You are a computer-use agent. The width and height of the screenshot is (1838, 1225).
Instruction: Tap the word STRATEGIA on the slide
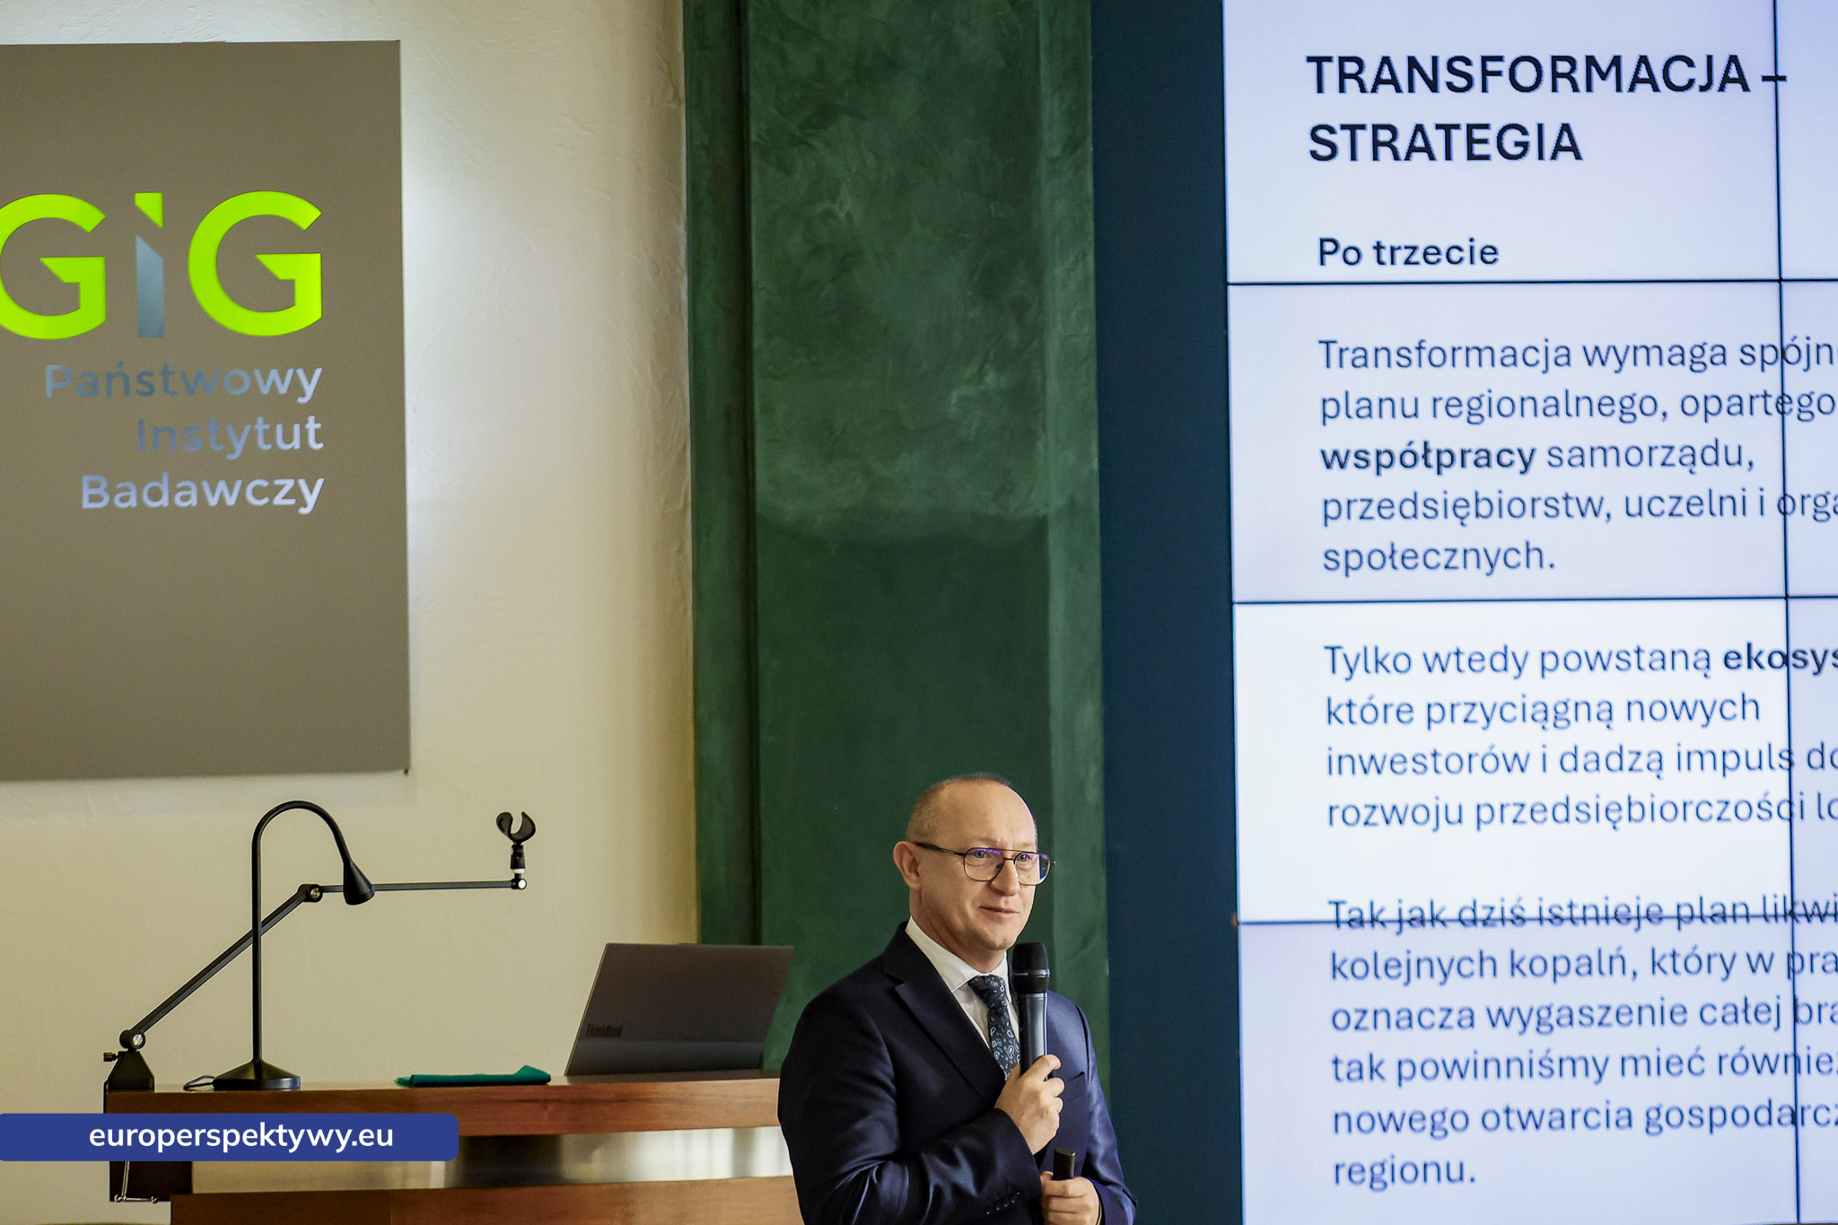coord(1444,144)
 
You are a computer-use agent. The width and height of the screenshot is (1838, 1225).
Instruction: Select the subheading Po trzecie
coord(1407,252)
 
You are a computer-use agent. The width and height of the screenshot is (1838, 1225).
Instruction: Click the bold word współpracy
coord(1427,457)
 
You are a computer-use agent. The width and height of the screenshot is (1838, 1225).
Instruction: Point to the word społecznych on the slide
coord(1438,558)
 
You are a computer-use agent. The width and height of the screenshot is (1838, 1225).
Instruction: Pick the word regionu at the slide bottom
coord(1403,1171)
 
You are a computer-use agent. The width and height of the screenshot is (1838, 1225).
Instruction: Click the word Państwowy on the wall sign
coord(183,381)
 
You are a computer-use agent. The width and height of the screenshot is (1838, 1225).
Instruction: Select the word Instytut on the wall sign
coord(230,436)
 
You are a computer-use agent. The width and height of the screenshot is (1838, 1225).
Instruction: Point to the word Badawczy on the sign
coord(202,492)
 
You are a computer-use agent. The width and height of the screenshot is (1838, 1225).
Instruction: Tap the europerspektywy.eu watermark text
coord(241,1136)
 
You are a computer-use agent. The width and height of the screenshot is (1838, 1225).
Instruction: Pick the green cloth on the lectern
coord(473,1076)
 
